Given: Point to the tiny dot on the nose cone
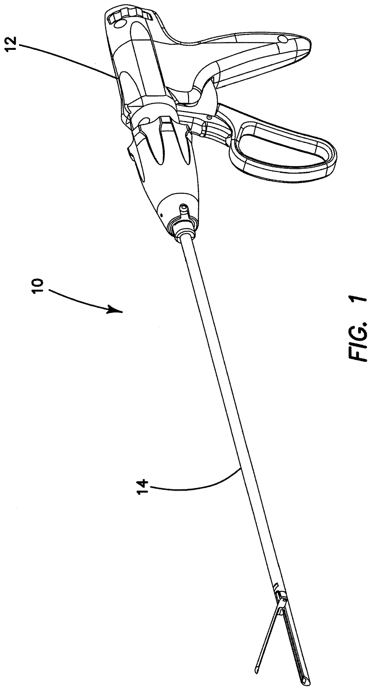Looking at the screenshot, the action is (x=162, y=214).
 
